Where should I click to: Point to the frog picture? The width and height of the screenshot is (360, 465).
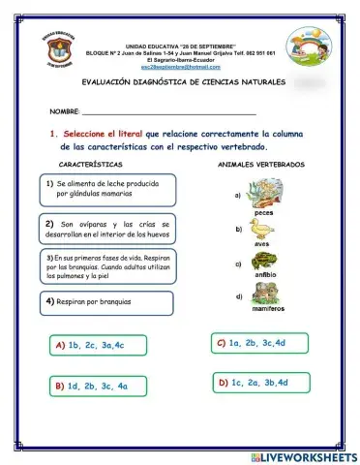[x=264, y=263]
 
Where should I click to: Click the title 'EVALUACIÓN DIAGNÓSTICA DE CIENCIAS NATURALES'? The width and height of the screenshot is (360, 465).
[x=184, y=82]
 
